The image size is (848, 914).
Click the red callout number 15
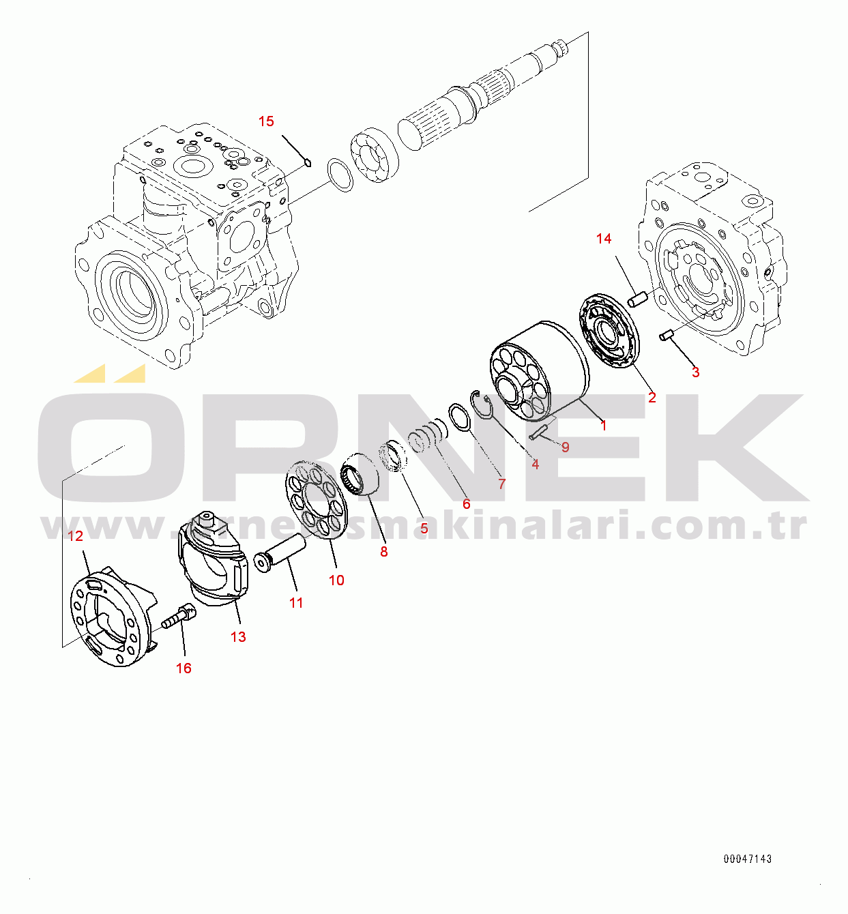coord(266,121)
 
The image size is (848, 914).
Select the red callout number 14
coord(604,239)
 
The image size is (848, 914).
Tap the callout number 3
coord(695,372)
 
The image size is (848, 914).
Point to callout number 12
coord(75,536)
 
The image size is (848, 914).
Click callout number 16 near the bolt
coord(184,668)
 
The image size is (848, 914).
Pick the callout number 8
coord(383,552)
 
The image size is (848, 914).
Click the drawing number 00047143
coord(748,859)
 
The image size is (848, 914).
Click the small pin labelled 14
coord(637,299)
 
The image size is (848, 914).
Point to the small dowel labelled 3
coord(667,334)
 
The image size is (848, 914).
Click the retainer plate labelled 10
coord(315,500)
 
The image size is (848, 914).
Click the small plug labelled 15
coord(308,162)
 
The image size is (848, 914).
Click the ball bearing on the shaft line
coord(375,156)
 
